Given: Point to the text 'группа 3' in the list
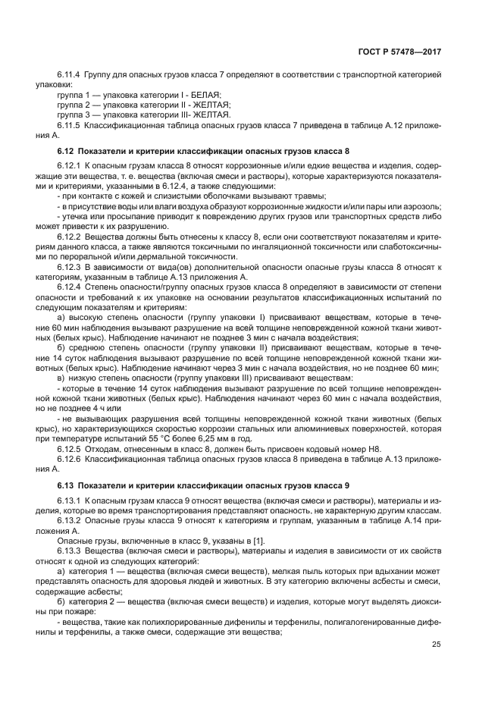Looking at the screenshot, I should (x=73, y=114).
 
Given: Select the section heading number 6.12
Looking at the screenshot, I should (x=66, y=150).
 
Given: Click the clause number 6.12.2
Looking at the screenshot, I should (x=69, y=236).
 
